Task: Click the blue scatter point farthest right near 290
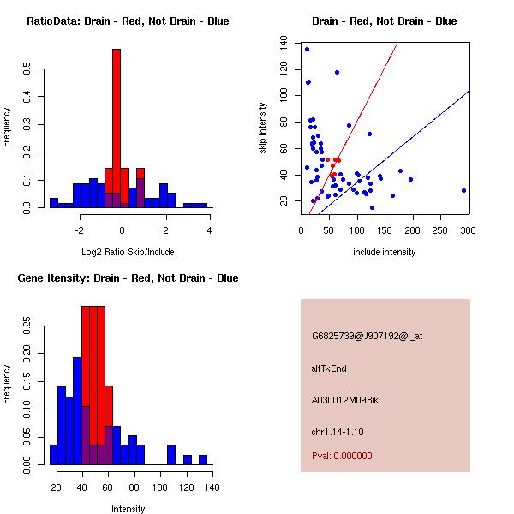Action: (x=463, y=190)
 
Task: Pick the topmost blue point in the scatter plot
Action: (x=307, y=50)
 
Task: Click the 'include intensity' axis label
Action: (x=385, y=252)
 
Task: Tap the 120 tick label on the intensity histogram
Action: (x=186, y=488)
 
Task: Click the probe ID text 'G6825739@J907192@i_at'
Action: (x=367, y=336)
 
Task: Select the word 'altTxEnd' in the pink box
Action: (x=329, y=368)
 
